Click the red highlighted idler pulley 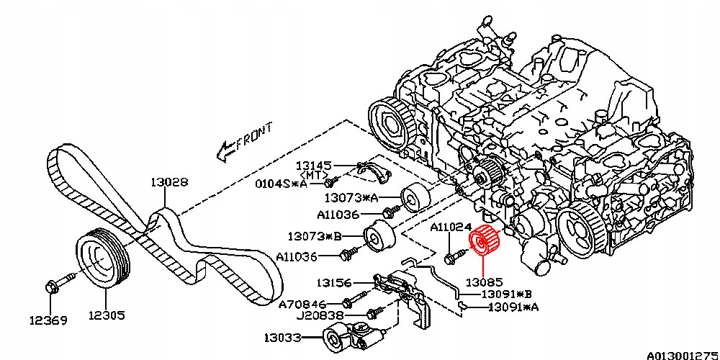(483, 243)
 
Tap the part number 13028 (169, 183)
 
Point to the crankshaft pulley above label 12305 (103, 260)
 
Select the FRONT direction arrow (245, 140)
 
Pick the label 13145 (312, 165)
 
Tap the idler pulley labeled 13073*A (413, 197)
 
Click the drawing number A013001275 (682, 354)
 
